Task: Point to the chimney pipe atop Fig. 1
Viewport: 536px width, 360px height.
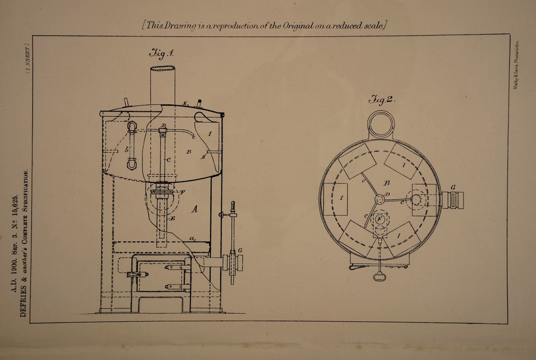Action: pyautogui.click(x=162, y=86)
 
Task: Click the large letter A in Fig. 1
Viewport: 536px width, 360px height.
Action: pyautogui.click(x=194, y=209)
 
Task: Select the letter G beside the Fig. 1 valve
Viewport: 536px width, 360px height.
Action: pyautogui.click(x=240, y=250)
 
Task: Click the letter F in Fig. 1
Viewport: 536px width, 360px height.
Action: pyautogui.click(x=182, y=193)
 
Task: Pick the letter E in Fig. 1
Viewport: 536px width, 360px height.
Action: pyautogui.click(x=172, y=218)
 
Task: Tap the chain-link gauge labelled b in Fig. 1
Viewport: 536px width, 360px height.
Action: pyautogui.click(x=131, y=145)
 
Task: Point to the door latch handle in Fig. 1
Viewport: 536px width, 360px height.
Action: pyautogui.click(x=133, y=274)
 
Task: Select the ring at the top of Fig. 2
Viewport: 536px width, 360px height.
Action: pyautogui.click(x=381, y=124)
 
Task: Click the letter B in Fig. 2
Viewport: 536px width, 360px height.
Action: pyautogui.click(x=386, y=183)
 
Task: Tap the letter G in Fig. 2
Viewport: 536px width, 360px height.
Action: pyautogui.click(x=452, y=187)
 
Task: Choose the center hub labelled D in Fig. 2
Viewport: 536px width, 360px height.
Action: pyautogui.click(x=381, y=199)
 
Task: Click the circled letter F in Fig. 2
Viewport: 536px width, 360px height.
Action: pyautogui.click(x=379, y=219)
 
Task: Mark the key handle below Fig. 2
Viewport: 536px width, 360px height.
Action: pyautogui.click(x=379, y=276)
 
